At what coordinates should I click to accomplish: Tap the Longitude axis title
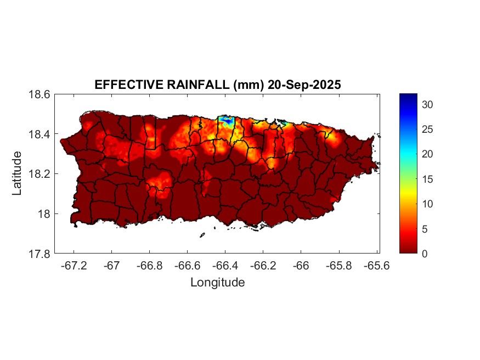(217, 283)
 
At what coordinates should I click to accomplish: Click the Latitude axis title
(18, 173)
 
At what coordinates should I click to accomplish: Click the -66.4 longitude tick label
(225, 266)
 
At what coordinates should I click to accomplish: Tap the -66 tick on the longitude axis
(301, 266)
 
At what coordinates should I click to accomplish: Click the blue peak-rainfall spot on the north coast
(225, 119)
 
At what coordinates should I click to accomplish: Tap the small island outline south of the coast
(202, 235)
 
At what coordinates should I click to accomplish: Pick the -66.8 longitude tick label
(149, 266)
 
